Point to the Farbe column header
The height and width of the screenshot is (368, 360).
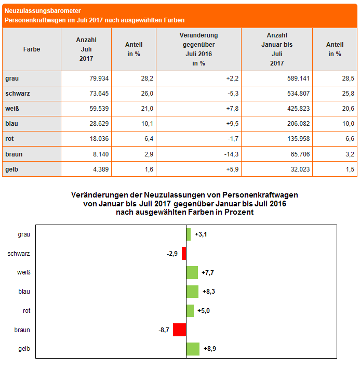click(32, 49)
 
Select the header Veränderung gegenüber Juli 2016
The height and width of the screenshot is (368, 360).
click(198, 49)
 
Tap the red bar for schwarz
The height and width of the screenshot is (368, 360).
click(184, 253)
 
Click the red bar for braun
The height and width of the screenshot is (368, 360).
click(179, 330)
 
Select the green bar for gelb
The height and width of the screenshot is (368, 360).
click(193, 349)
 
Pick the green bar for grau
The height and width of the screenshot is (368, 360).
click(189, 234)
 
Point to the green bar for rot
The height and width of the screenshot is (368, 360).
click(190, 311)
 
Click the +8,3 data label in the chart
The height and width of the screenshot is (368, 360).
click(208, 292)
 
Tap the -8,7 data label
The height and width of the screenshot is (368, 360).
click(164, 330)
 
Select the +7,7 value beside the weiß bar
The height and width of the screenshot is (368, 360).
click(208, 272)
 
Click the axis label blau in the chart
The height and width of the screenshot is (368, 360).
click(24, 292)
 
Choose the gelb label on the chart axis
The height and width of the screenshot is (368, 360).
click(24, 349)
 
